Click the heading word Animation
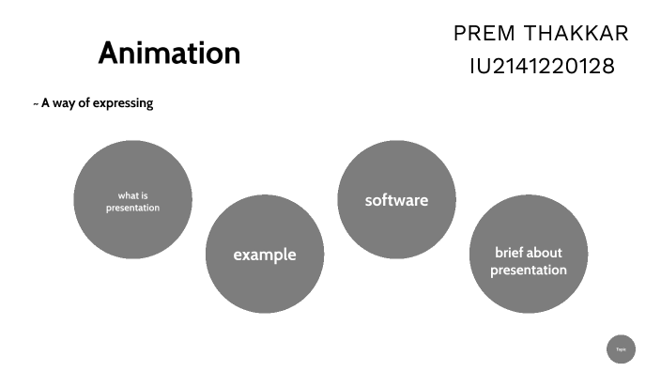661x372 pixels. [169, 53]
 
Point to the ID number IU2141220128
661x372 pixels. [542, 67]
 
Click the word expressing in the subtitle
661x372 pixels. [121, 103]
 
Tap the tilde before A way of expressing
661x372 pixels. [36, 103]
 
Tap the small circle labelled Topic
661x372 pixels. [621, 349]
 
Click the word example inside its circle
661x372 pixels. [264, 255]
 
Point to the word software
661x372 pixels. [396, 200]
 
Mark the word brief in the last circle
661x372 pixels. [509, 253]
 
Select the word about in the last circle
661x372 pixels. [546, 253]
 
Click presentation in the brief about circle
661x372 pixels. [528, 271]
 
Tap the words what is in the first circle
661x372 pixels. [132, 195]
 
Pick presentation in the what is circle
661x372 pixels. [132, 208]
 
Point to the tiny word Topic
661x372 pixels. [621, 349]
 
